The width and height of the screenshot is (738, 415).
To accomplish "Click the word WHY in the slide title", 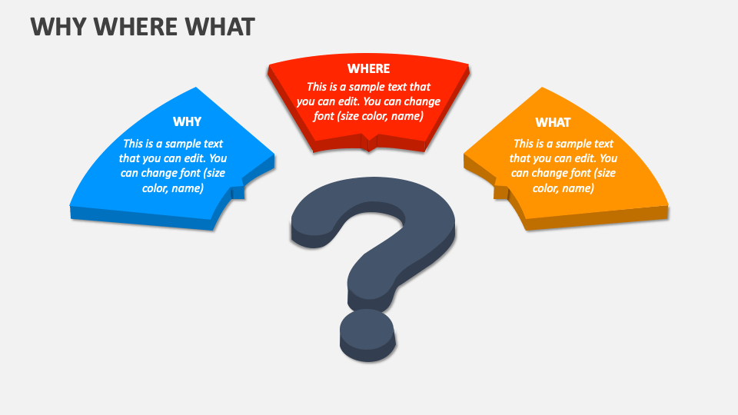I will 55,27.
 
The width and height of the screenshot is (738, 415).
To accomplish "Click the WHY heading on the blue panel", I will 187,121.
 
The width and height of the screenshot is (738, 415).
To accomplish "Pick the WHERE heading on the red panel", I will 368,68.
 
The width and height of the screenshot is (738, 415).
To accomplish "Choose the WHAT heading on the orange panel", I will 553,122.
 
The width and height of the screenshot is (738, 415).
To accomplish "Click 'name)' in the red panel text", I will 407,116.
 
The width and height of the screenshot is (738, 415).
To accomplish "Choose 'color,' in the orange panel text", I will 550,188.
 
